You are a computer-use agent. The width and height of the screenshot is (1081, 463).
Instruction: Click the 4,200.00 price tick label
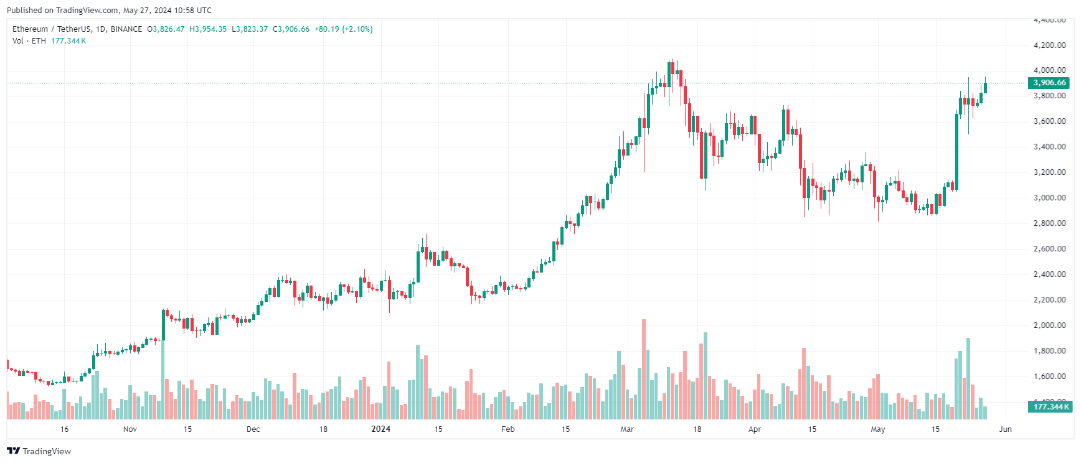click(1049, 45)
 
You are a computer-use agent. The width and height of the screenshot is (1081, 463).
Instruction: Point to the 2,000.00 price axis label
click(1049, 325)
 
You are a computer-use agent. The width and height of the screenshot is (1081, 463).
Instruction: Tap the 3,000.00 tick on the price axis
click(1049, 198)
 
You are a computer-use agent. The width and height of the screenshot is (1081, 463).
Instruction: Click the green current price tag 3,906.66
click(1049, 83)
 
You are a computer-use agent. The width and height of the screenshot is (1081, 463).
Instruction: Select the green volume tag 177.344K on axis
click(1050, 407)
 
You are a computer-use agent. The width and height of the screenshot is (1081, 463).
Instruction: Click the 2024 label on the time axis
click(380, 429)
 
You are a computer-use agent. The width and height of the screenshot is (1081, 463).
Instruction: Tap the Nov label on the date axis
click(130, 429)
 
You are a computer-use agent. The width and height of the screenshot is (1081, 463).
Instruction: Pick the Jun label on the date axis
click(1005, 429)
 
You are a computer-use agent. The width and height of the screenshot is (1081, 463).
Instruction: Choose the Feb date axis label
click(508, 429)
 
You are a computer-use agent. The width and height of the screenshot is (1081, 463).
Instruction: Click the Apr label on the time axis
click(755, 429)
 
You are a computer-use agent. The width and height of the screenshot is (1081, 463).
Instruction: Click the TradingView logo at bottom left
click(39, 451)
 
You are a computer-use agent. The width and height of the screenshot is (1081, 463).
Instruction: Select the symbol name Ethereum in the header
click(30, 29)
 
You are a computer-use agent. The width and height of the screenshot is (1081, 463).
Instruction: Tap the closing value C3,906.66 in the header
click(291, 29)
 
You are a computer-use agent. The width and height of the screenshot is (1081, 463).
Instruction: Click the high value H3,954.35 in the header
click(208, 29)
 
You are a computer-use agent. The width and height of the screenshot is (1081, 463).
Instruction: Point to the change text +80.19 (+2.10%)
click(343, 29)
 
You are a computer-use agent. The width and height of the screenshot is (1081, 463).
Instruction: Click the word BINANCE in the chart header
click(126, 29)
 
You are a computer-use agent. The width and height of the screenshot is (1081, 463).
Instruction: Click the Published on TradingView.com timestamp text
click(109, 11)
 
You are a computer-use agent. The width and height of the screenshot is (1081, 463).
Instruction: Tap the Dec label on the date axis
click(253, 429)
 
